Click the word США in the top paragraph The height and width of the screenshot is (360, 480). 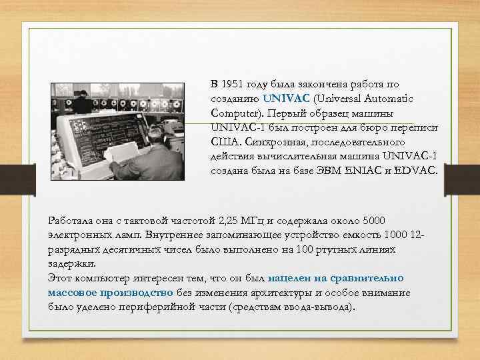tap(224, 142)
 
